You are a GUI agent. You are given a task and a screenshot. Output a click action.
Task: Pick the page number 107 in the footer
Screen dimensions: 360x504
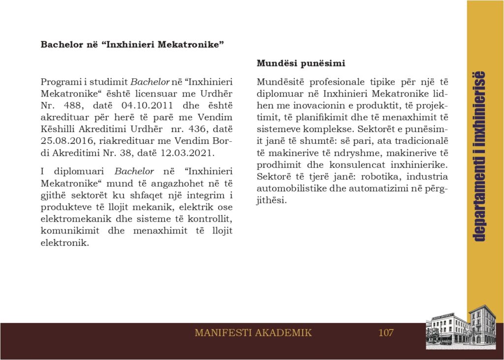pos(386,332)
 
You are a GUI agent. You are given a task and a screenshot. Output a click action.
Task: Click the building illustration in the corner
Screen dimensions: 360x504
pos(461,327)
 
